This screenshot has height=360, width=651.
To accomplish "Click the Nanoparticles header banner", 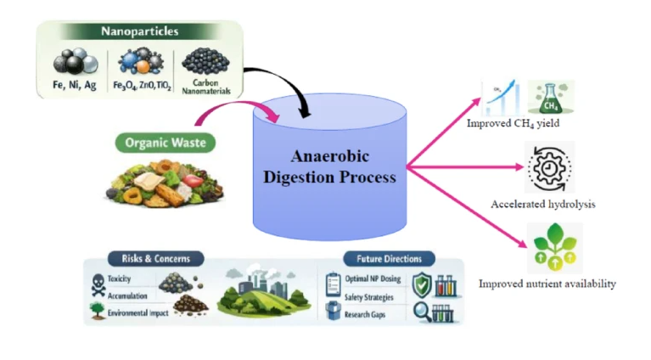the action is tap(140, 31).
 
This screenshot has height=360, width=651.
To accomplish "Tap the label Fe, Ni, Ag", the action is tap(75, 85).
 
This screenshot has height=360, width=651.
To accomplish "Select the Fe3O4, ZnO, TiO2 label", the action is tap(142, 86).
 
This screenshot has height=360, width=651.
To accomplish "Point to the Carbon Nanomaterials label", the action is tap(206, 87).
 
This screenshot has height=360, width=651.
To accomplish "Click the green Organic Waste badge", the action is tap(166, 143).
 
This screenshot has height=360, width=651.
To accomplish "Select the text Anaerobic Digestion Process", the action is tap(329, 166).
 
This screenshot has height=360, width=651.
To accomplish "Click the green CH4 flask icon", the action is tap(551, 98).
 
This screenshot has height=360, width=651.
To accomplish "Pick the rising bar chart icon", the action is tap(501, 98).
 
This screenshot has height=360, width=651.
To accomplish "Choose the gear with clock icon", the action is tap(549, 167).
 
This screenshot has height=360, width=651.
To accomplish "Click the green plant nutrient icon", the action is tap(555, 247).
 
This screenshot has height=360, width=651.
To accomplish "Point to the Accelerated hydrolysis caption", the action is tap(543, 205).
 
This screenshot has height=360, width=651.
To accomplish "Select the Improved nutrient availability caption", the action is tap(547, 284).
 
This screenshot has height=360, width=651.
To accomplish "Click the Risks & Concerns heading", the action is tap(155, 259).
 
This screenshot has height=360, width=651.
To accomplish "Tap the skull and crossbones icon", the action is tap(98, 284).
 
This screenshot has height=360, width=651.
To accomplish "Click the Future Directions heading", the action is tap(389, 259).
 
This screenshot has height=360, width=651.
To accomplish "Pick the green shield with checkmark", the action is tap(422, 284).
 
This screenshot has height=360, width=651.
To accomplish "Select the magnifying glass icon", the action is tap(423, 312).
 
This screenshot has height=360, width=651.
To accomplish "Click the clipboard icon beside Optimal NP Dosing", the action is tap(333, 284).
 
